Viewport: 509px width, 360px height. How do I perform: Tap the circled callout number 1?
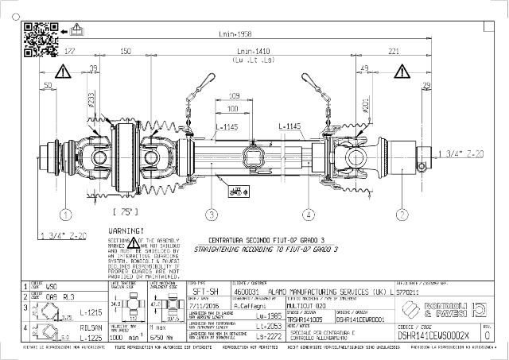(x=65, y=214)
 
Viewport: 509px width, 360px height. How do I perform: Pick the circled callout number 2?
(x=402, y=214)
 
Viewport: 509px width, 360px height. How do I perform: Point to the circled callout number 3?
(x=212, y=214)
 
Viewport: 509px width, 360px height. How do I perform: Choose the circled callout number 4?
(x=309, y=214)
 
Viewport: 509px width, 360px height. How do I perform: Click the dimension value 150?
(x=125, y=52)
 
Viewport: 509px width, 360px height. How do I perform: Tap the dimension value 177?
(x=70, y=52)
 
